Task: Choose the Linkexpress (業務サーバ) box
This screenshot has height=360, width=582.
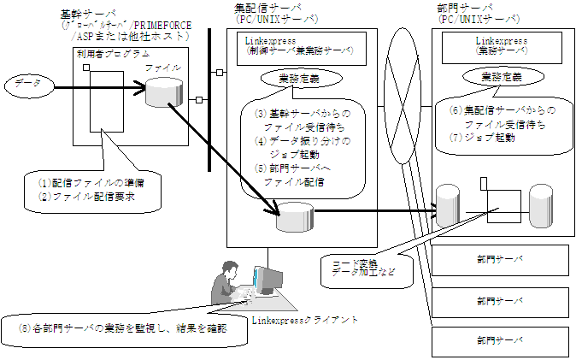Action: [501, 44]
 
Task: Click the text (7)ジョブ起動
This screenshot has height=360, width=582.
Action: [485, 138]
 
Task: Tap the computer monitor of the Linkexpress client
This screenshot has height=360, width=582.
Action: [267, 279]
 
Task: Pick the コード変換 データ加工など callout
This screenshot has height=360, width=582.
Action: [356, 268]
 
